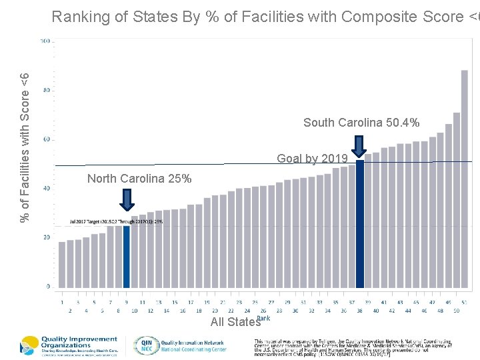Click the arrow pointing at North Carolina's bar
click(x=127, y=199)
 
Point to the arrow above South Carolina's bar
click(x=359, y=146)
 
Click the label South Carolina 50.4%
click(x=361, y=123)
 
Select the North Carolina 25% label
click(x=139, y=179)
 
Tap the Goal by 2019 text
click(x=312, y=159)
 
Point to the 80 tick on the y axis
click(x=46, y=90)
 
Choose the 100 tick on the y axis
click(x=45, y=41)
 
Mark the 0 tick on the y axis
click(x=47, y=286)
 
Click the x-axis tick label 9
click(x=127, y=302)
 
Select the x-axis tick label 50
click(x=457, y=311)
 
